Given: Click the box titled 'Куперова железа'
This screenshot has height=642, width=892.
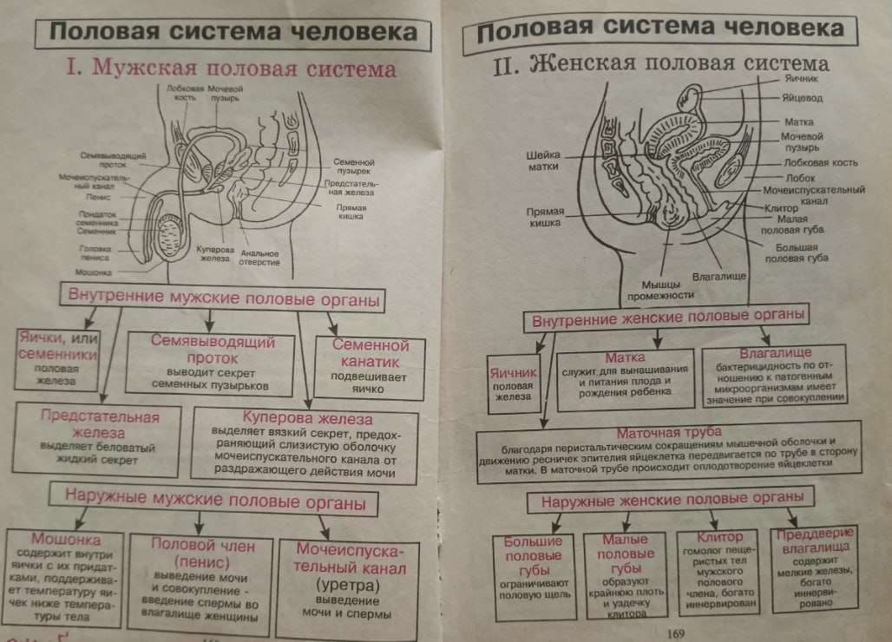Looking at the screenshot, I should [307, 445].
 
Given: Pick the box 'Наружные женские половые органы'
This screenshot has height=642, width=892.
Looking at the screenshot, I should [669, 501].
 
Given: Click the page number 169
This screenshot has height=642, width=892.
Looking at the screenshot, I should [676, 632].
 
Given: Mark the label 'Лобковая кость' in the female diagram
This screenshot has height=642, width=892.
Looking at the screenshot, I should [819, 163].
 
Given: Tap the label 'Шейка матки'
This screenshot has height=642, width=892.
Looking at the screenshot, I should [542, 161].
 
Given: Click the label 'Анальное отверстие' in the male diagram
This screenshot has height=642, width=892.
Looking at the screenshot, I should [259, 258].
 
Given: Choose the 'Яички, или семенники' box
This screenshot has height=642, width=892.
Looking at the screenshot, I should [56, 357].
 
